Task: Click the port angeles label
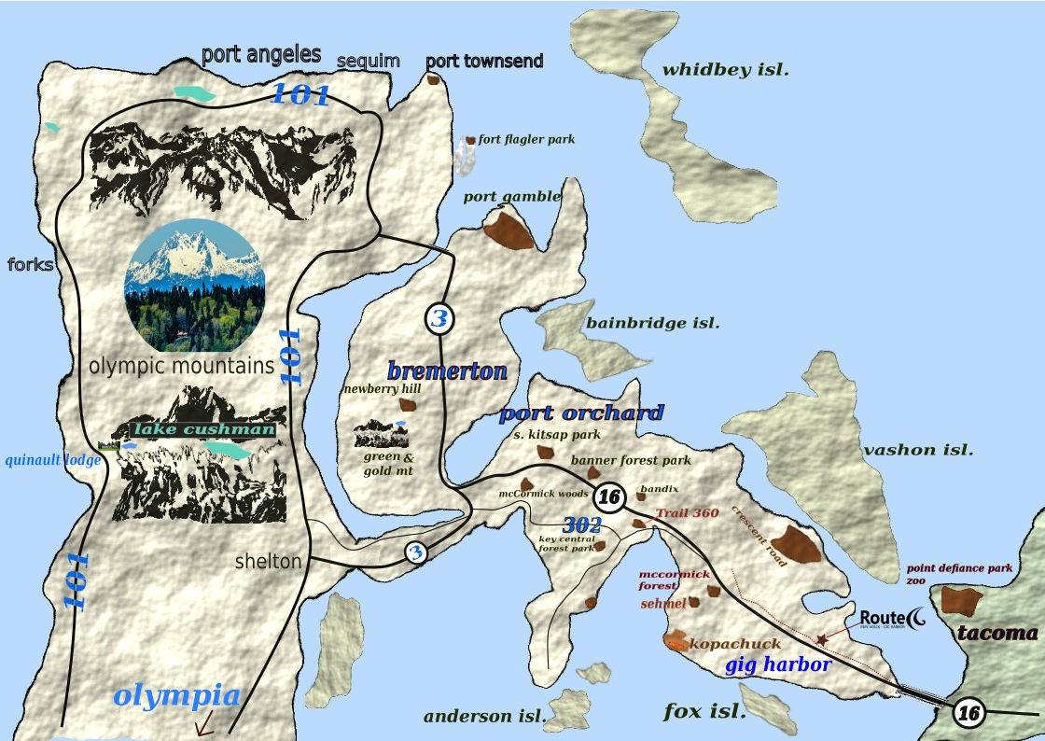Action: coord(261,54)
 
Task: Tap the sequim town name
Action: coord(369,61)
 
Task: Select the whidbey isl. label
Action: coord(726,70)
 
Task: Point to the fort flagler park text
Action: coord(526,140)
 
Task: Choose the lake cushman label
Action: coord(205,429)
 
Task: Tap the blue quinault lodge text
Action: coord(53,459)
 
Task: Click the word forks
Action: coord(30,265)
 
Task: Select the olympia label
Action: coord(176,695)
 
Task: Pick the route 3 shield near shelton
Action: coord(415,552)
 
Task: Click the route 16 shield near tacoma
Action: coord(968,713)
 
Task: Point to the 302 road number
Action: coord(581,525)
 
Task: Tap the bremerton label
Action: coord(447,370)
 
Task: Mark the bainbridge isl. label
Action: coord(652,323)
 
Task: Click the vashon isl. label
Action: coord(918,450)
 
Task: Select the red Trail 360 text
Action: coord(687,513)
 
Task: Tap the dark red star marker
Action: coord(821,640)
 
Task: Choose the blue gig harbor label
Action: coord(777,664)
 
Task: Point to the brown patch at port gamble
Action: coord(509,230)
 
